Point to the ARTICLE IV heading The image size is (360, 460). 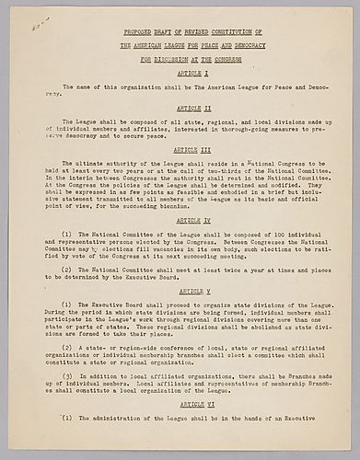(180, 222)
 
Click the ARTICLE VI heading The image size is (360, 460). (180, 404)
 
